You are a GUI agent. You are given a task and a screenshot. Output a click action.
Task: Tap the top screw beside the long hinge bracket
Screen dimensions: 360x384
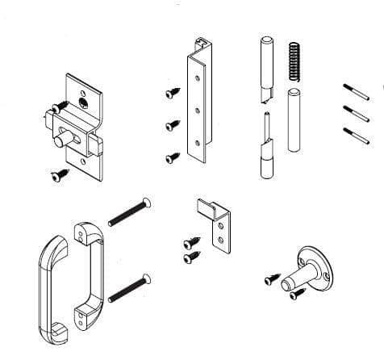click(x=172, y=94)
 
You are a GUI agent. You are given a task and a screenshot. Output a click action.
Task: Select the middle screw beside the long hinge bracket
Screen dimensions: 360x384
click(x=172, y=125)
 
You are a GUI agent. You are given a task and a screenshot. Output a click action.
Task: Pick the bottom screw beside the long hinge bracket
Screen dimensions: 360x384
click(x=172, y=157)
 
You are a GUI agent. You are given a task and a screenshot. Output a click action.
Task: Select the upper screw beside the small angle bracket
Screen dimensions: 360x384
click(x=190, y=241)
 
